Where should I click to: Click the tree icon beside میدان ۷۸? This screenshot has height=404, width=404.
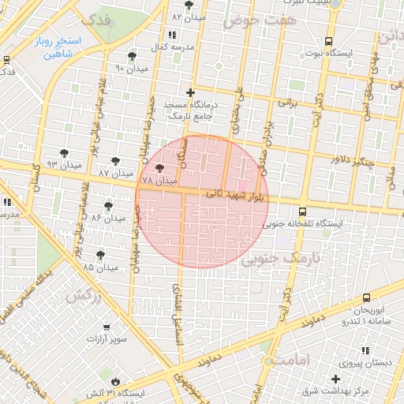coord(160,168)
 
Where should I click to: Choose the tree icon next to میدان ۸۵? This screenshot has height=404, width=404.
coord(100,254)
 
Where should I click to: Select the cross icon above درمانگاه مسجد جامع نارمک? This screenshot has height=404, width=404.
coord(189,92)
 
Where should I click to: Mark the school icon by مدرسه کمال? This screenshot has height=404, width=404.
coord(172,35)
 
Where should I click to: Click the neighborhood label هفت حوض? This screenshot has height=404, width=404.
coord(260,20)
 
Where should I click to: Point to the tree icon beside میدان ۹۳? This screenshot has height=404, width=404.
coord(64,153)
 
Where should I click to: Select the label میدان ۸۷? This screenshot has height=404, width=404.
coord(115,172)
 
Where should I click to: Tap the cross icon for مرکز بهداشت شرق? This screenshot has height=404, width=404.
coord(336,380)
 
